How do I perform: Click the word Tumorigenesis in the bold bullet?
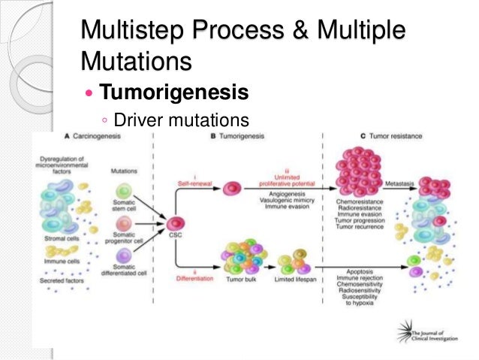[x=173, y=93]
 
